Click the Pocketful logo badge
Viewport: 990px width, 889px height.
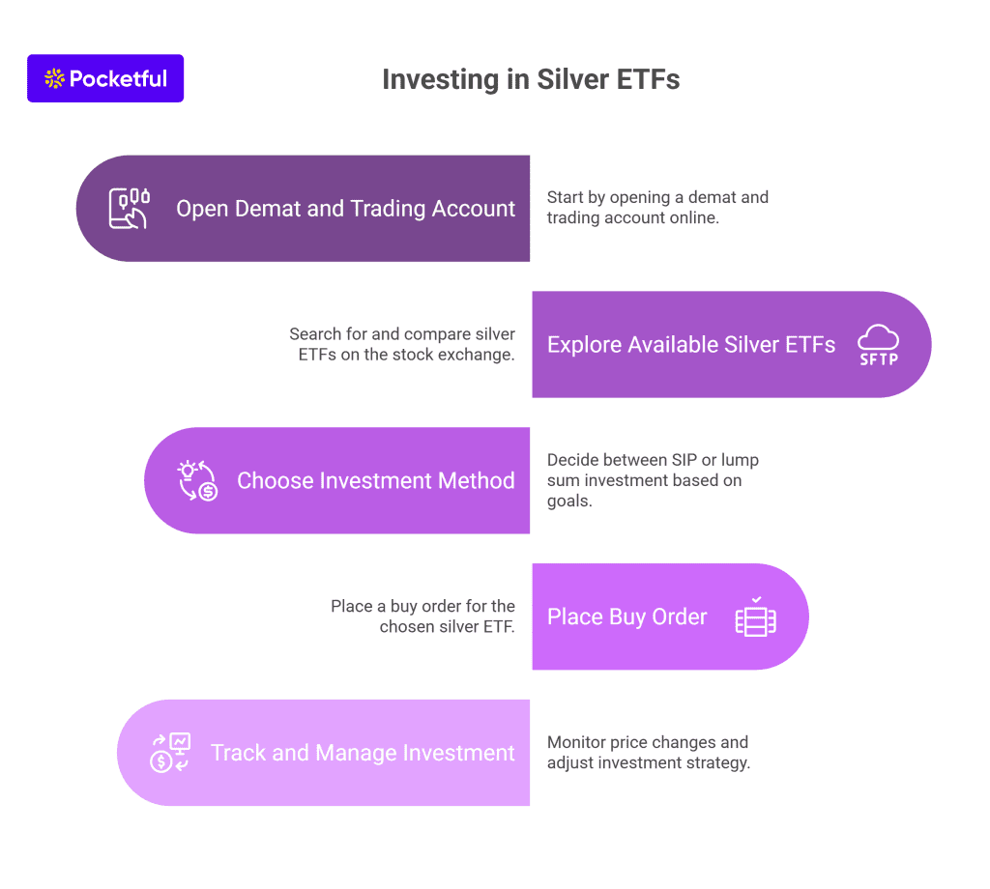coord(105,78)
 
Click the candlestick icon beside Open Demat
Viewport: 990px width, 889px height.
coord(130,208)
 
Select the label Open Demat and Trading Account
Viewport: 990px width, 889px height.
coord(345,209)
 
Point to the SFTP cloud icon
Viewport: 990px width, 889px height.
coord(878,345)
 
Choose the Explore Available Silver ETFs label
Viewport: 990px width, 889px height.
coord(690,345)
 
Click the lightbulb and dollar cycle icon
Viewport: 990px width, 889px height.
coord(197,481)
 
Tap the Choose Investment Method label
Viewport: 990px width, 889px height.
coord(376,481)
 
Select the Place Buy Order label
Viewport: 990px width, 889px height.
coord(626,617)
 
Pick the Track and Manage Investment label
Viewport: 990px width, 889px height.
coord(363,753)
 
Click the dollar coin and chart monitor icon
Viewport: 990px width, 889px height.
coord(170,753)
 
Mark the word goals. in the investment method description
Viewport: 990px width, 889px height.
coord(569,501)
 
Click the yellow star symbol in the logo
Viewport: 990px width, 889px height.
coord(54,78)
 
